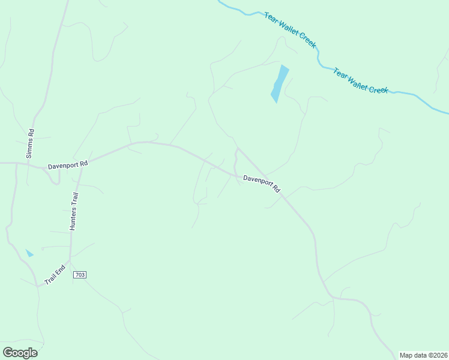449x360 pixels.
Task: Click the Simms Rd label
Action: coord(29,144)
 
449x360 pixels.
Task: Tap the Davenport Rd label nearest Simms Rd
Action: coord(68,164)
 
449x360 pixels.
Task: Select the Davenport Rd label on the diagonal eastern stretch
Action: coord(262,184)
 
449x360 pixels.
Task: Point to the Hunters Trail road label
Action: coord(74,212)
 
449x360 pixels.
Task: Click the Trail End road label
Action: coord(55,275)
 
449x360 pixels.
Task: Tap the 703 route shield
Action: coord(80,275)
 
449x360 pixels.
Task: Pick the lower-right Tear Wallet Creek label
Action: coord(361,81)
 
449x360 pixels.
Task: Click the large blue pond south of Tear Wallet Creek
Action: coord(280,83)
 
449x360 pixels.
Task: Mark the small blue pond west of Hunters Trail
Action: coord(29,253)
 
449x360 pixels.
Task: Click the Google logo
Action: coord(20,353)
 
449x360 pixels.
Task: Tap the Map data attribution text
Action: coord(423,355)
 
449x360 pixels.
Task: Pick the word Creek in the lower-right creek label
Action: coord(379,89)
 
